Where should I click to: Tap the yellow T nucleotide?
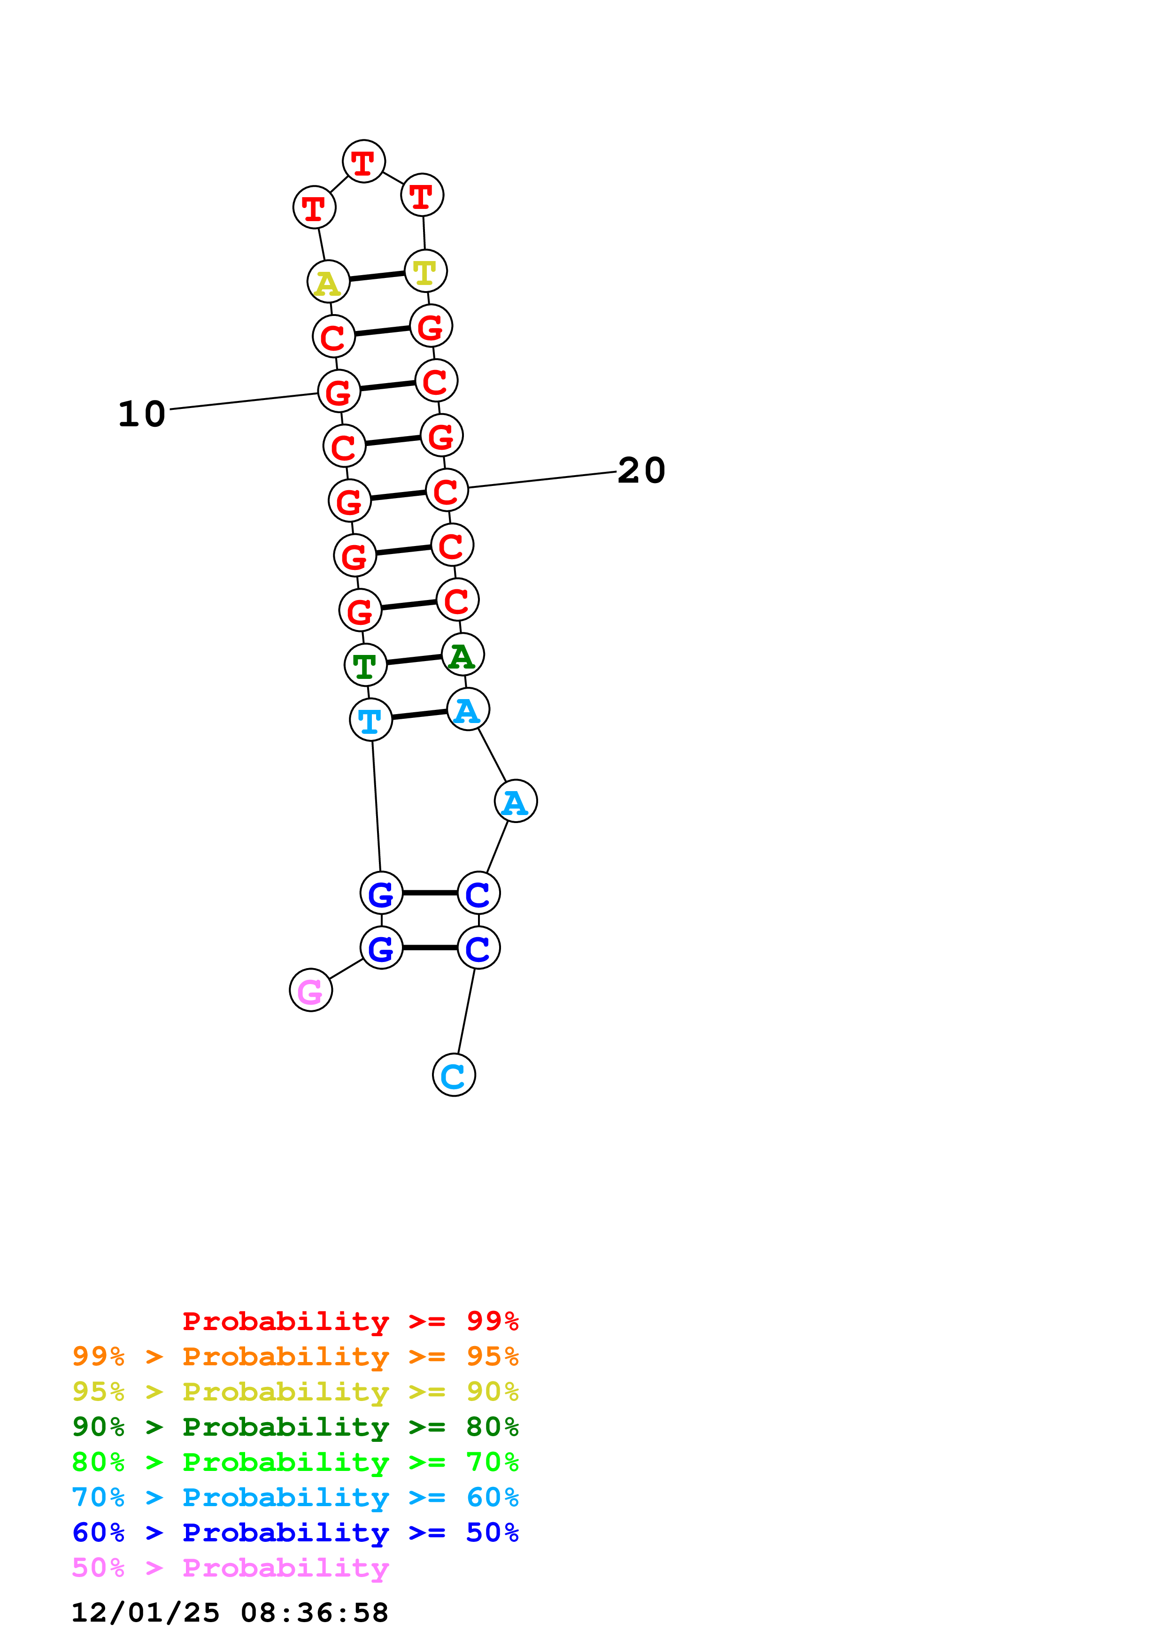point(426,271)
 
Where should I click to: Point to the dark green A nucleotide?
point(463,655)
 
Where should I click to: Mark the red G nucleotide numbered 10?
point(339,391)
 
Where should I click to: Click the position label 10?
point(142,414)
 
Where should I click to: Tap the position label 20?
point(641,470)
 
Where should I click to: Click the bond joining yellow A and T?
point(377,276)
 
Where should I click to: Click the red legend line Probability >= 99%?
point(350,1321)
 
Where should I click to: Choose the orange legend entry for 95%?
point(295,1356)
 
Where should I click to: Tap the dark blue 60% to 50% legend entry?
point(295,1532)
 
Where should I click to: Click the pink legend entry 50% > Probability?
point(230,1567)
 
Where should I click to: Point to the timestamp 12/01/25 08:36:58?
point(230,1612)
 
